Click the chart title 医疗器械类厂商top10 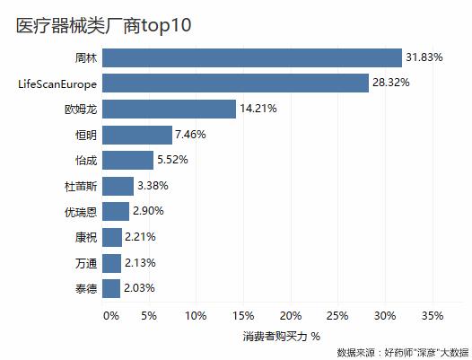point(103,25)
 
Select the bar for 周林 point(252,57)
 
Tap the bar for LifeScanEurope point(235,83)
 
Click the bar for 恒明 point(137,135)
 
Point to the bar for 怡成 point(128,160)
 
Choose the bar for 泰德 point(112,288)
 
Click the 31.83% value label point(424,57)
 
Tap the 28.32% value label point(391,83)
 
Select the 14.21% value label point(258,109)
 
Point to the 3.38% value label point(153,186)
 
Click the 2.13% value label point(141,263)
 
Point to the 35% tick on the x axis point(432,315)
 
